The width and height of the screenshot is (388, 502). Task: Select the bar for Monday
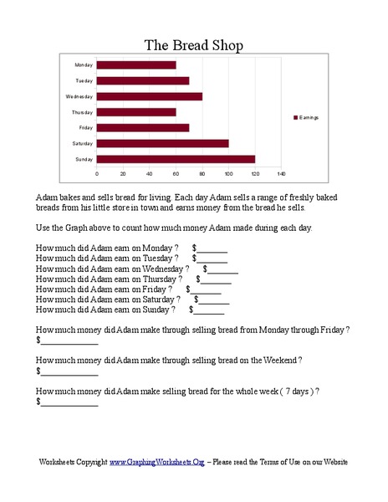(136, 64)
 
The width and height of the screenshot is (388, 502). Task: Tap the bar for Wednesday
(150, 96)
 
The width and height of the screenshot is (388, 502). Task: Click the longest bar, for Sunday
(176, 158)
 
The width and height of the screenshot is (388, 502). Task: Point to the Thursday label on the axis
(83, 112)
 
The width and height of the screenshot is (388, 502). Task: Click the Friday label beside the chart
(84, 127)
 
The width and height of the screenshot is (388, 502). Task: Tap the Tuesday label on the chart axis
(84, 80)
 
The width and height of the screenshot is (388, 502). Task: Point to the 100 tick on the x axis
(228, 174)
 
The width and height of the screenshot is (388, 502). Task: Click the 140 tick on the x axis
(281, 174)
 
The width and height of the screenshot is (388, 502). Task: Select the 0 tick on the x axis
(97, 174)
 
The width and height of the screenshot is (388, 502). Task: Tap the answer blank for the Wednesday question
(222, 269)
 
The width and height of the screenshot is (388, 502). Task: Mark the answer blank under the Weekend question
(69, 371)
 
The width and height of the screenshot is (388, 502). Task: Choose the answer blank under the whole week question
(69, 402)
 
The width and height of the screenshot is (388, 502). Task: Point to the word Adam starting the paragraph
(45, 195)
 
